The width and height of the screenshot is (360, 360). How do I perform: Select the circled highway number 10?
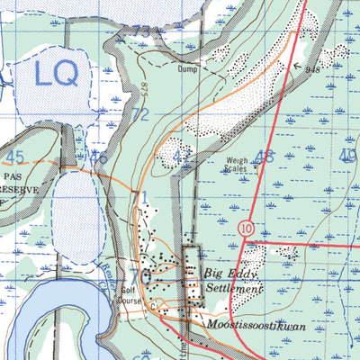pyautogui.click(x=247, y=229)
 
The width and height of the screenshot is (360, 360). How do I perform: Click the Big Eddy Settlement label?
pyautogui.click(x=233, y=280)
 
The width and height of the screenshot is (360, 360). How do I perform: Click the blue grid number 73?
pyautogui.click(x=139, y=32)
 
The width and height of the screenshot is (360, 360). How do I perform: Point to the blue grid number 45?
pyautogui.click(x=15, y=157)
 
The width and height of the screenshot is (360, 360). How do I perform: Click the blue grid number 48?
pyautogui.click(x=264, y=157)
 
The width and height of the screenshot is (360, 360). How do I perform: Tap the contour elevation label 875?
pyautogui.click(x=143, y=89)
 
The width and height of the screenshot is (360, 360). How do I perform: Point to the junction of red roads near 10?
pyautogui.click(x=246, y=243)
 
